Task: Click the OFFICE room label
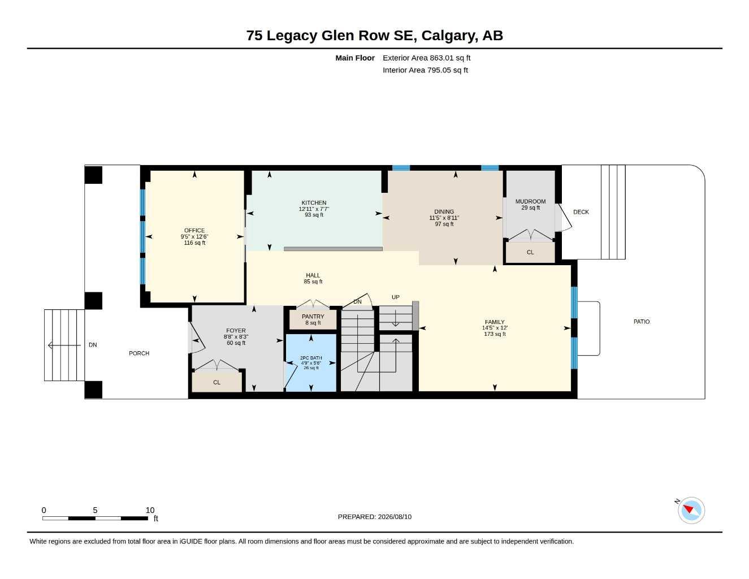[x=194, y=230]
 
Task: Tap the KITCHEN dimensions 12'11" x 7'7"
[x=314, y=209]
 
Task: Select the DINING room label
[x=444, y=211]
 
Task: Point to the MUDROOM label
[x=530, y=201]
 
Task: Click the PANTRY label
[x=313, y=317]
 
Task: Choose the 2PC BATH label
[x=311, y=358]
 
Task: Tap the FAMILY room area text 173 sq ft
[x=495, y=334]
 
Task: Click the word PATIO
[x=642, y=322]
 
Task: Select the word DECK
[x=581, y=212]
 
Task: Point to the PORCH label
[x=139, y=353]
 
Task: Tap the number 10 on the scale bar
[x=150, y=510]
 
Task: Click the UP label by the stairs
[x=395, y=297]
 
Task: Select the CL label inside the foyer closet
[x=217, y=382]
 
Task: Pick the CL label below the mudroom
[x=530, y=252]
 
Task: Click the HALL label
[x=313, y=275]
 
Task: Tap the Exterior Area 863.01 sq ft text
[x=426, y=58]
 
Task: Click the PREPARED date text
[x=375, y=517]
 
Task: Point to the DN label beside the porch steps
[x=93, y=345]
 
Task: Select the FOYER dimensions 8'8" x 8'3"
[x=236, y=337]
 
